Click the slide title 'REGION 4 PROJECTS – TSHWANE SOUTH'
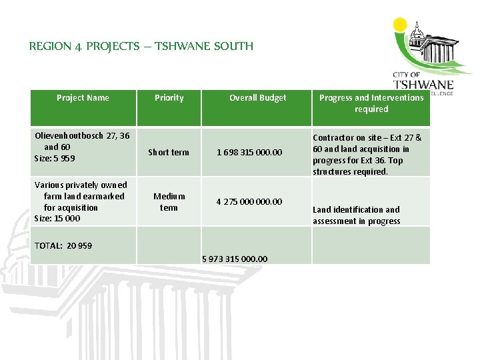click(x=141, y=47)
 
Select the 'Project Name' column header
click(x=83, y=98)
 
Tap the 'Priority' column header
click(x=169, y=98)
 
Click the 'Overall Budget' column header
click(x=257, y=98)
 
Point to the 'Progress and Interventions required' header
click(x=371, y=103)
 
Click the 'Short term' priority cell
click(x=169, y=153)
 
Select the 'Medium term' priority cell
click(x=169, y=201)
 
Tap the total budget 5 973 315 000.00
click(x=235, y=259)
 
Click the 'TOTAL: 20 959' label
click(x=63, y=246)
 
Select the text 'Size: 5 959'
click(x=55, y=159)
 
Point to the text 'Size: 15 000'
click(x=57, y=219)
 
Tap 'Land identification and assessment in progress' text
click(x=357, y=215)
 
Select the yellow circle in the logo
click(x=400, y=25)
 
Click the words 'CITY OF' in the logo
click(x=407, y=75)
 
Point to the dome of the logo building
click(x=419, y=31)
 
